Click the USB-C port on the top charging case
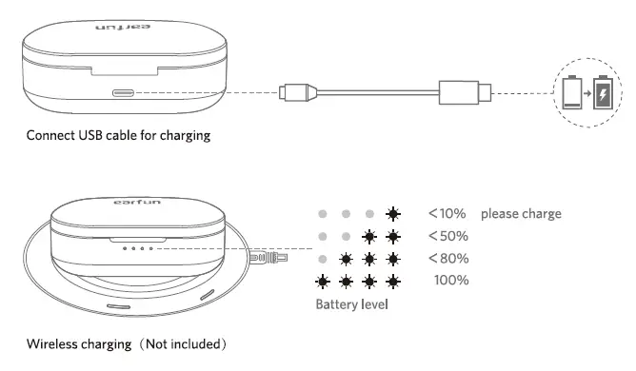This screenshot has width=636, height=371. pyautogui.click(x=124, y=93)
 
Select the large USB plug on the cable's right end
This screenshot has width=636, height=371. pyautogui.click(x=465, y=93)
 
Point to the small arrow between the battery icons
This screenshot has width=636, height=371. pyautogui.click(x=588, y=94)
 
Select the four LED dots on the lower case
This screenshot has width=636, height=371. pyautogui.click(x=140, y=250)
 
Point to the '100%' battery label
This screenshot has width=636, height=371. pyautogui.click(x=450, y=280)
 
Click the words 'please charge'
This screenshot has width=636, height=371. pyautogui.click(x=521, y=213)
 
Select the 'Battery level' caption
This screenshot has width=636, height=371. pyautogui.click(x=352, y=305)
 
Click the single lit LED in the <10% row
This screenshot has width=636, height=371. pyautogui.click(x=393, y=214)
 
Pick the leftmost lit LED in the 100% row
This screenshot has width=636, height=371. pyautogui.click(x=325, y=281)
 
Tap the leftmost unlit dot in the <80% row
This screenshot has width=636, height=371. pyautogui.click(x=325, y=259)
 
